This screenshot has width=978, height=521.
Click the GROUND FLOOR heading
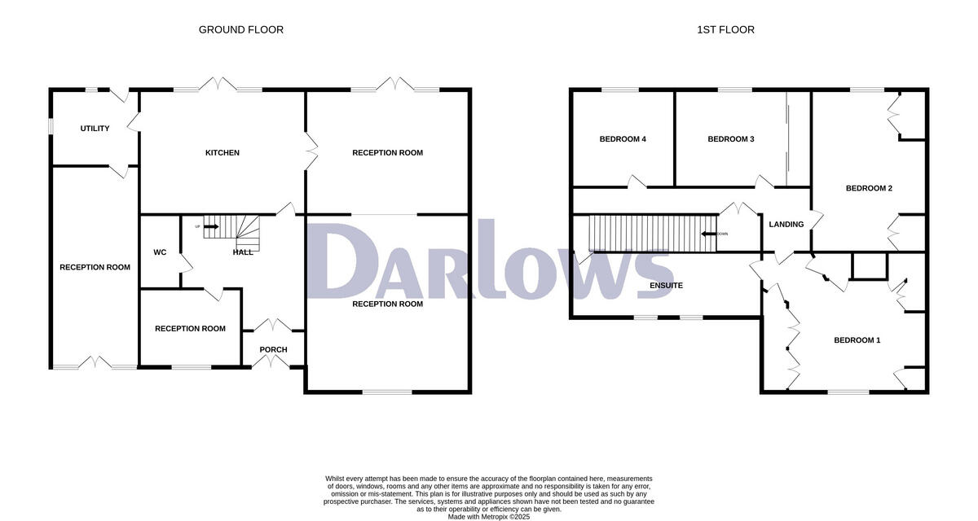coord(241,30)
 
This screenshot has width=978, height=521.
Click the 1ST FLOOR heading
coord(725,30)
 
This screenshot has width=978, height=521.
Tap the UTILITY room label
coord(95,129)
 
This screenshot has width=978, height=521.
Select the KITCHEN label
coord(222,153)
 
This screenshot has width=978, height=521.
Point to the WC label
coord(160,252)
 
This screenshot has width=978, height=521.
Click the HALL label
coord(243,252)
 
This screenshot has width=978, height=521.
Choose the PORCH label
coord(273,350)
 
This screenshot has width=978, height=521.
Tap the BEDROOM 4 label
coord(623,139)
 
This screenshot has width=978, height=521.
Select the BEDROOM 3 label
coord(730,139)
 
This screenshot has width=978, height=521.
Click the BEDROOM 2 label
coord(869,189)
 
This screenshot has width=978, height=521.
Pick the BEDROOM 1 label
coord(857,340)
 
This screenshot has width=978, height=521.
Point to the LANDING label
coord(786,225)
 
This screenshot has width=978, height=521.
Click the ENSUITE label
coord(666,286)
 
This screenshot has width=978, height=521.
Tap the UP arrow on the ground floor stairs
coord(210,226)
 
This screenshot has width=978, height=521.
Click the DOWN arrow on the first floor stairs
coord(709,234)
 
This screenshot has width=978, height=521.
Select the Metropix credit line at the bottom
coord(488,516)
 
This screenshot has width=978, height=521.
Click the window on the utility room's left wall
coord(51,128)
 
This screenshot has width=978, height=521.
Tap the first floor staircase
coord(652,234)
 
